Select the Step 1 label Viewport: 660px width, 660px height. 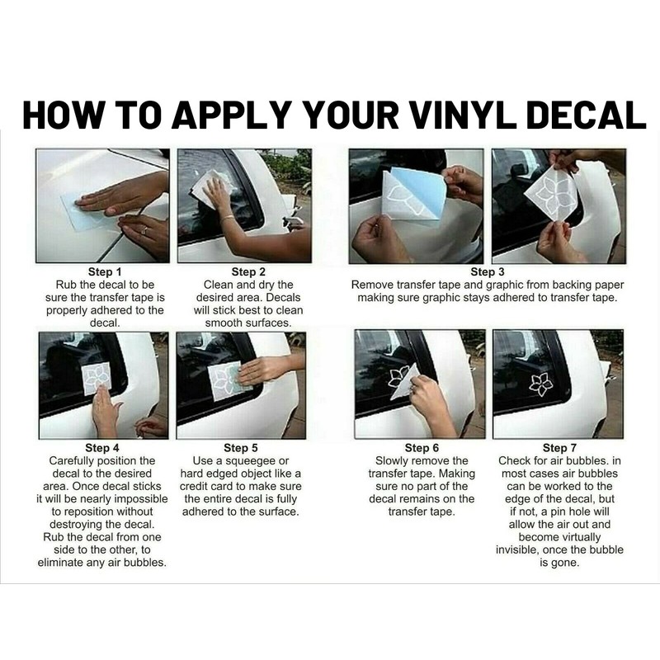pos(105,272)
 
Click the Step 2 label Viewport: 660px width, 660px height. pos(248,272)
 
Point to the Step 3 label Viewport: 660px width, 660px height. pos(488,272)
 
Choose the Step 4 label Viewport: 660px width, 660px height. pos(101,448)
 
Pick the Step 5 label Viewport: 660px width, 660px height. pos(240,448)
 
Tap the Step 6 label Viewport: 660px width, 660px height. pos(422,448)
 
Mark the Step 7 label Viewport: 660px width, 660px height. pos(559,448)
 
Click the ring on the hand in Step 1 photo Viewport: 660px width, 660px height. pos(144,230)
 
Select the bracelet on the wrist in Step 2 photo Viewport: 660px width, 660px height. pos(227,219)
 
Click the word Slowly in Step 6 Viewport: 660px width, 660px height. pos(389,461)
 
